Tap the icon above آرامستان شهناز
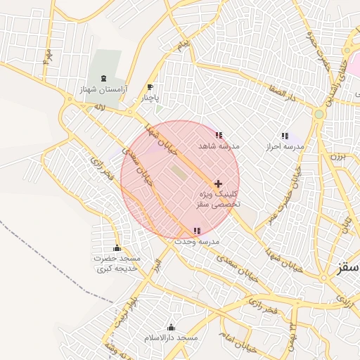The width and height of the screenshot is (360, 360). (x=104, y=78)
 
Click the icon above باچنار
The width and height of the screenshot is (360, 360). (x=149, y=87)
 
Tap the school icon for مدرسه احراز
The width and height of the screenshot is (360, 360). (x=285, y=136)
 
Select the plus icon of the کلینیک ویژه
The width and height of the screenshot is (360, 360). (x=218, y=183)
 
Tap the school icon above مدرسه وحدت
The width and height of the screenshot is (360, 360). (x=197, y=230)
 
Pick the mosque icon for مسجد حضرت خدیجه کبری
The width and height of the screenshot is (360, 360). (x=117, y=248)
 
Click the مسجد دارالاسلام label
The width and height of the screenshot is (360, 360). (x=172, y=338)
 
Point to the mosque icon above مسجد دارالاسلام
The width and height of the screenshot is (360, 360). (x=171, y=327)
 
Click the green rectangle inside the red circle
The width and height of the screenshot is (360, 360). (x=179, y=172)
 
